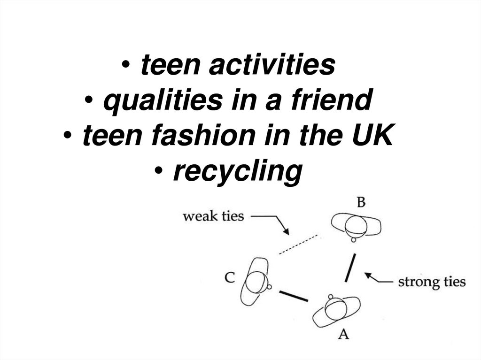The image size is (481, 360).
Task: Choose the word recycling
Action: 236,172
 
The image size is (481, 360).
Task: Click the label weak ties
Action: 213,216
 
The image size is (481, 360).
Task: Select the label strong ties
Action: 432,282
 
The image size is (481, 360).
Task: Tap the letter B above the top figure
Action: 361,203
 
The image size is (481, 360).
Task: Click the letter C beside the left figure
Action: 230,277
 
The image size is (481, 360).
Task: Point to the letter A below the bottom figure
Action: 344,334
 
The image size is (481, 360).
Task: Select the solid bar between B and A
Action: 349,268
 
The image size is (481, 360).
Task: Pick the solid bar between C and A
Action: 294,296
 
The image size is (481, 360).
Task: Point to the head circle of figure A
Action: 334,308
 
